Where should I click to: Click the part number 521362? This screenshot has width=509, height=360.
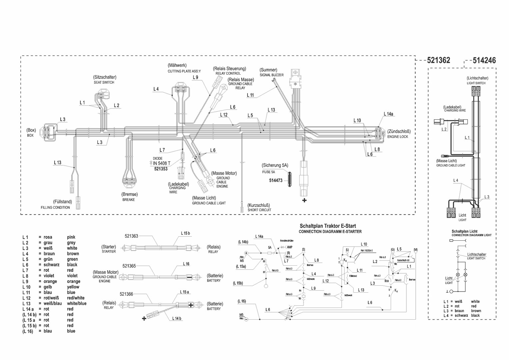point(438,60)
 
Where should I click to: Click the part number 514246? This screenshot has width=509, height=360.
point(484,60)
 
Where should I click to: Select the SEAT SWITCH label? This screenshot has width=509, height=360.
point(104,82)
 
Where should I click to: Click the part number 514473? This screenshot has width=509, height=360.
point(275,181)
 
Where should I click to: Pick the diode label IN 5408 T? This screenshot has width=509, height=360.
point(162,163)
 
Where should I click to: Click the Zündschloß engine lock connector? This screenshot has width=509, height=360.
point(378,133)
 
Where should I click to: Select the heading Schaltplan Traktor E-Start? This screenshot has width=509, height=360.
point(328,226)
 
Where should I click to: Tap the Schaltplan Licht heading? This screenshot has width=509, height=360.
point(464,231)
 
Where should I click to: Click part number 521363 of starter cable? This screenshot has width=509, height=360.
point(131,236)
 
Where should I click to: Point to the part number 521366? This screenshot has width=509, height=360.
point(126,294)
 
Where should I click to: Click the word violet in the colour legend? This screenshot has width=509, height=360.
point(72,276)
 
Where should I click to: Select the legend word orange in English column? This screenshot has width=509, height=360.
point(74,281)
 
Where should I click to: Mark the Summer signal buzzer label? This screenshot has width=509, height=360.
point(268,70)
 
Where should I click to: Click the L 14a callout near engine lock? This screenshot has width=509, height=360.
point(388,114)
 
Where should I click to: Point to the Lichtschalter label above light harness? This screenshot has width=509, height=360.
point(477,78)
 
